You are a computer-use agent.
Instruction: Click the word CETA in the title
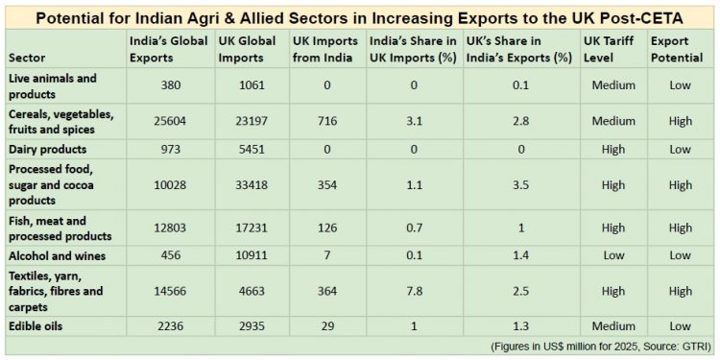pos(661,19)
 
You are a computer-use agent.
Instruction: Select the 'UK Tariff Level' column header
pos(609,49)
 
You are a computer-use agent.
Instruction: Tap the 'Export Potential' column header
pos(677,49)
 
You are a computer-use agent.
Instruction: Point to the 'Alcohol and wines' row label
pos(58,255)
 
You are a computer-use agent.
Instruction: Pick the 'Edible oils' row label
pos(36,326)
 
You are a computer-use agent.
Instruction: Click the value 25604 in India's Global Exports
pos(168,121)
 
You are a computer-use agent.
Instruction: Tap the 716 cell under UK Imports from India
pos(327,121)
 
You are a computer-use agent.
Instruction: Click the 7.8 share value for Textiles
pos(414,291)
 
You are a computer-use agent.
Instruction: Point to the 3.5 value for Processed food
pos(521,185)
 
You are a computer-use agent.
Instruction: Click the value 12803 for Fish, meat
pos(168,228)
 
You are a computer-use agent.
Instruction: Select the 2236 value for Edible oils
pos(168,326)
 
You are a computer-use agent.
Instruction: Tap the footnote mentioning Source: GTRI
pos(601,346)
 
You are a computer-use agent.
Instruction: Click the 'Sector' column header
pos(27,59)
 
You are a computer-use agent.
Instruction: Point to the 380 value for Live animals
pos(168,85)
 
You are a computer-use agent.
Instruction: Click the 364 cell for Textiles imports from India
pos(327,291)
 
